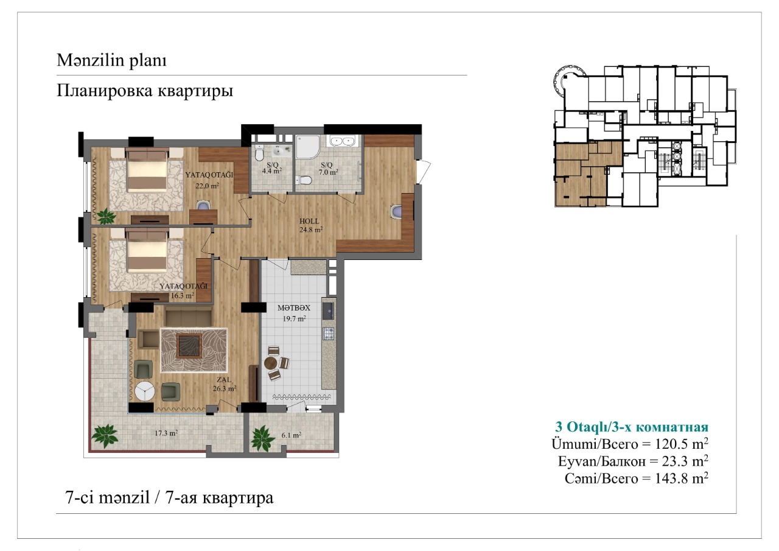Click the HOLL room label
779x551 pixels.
[309, 221]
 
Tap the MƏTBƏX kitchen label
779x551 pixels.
[293, 308]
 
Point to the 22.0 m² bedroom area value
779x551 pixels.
[207, 186]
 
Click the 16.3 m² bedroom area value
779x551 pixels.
[182, 296]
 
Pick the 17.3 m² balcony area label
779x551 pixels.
[166, 433]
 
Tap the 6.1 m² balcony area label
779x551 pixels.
[291, 435]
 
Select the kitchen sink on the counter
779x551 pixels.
[328, 311]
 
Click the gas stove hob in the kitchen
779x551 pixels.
[329, 334]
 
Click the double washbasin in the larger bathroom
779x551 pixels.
[342, 141]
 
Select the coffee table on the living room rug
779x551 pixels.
[190, 345]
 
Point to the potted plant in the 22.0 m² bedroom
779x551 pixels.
[106, 216]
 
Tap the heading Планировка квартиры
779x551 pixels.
[145, 91]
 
